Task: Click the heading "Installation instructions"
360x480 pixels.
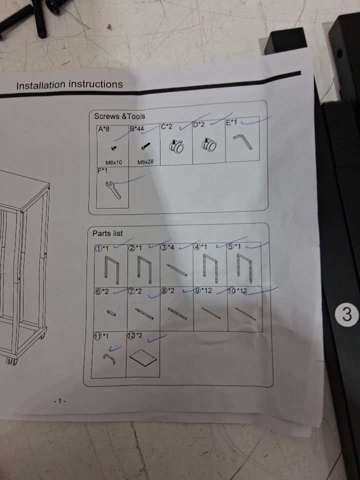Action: coord(69,84)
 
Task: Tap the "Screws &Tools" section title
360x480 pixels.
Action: coord(119,116)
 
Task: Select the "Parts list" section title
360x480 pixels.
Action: coord(107,233)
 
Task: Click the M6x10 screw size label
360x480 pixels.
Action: coord(113,162)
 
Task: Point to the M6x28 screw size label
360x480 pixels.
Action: coord(145,161)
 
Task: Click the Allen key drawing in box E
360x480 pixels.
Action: coord(243,142)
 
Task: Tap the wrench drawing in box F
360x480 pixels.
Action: coord(112,190)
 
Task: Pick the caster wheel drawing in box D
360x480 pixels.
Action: coord(209,144)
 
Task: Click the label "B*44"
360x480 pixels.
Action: coord(136,128)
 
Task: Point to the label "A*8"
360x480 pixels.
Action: coord(103,129)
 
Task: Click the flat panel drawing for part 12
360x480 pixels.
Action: coord(143,357)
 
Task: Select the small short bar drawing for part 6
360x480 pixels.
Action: coord(111,312)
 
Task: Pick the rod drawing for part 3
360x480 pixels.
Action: coord(176,269)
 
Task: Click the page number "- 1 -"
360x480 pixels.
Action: coord(59,401)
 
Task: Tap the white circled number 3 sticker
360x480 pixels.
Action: coord(346,314)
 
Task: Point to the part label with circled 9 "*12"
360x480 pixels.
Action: coord(203,290)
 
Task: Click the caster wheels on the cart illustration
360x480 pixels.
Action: coord(12,360)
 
